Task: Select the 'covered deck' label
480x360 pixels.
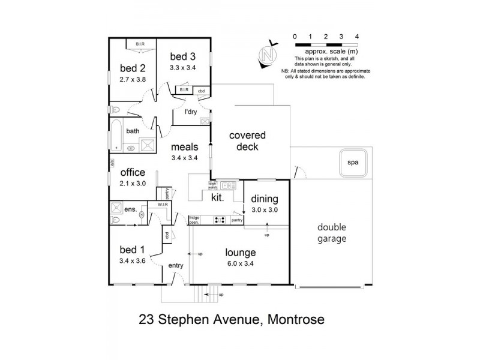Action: tap(247, 141)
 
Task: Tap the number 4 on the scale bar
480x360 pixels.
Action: tap(357, 37)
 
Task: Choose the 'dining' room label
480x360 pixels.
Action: tap(265, 199)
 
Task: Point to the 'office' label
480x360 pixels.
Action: tap(133, 173)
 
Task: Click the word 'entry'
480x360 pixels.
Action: tap(176, 265)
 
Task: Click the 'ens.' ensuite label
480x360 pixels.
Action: tap(130, 211)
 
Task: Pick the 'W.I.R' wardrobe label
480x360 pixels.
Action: tap(161, 205)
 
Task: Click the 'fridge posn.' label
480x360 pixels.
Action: tap(194, 220)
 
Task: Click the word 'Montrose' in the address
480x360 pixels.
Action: tap(295, 320)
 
